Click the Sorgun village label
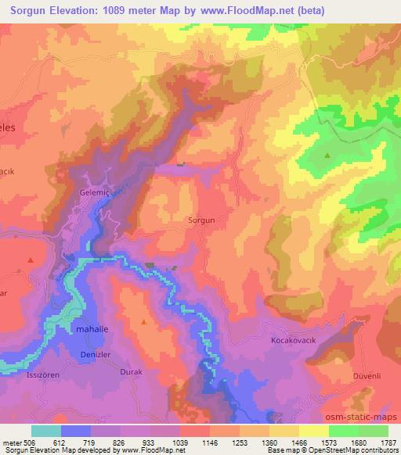(201, 220)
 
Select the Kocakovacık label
(293, 342)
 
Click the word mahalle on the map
(93, 330)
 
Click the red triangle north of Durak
(143, 321)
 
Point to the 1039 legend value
(180, 442)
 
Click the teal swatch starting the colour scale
(46, 431)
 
